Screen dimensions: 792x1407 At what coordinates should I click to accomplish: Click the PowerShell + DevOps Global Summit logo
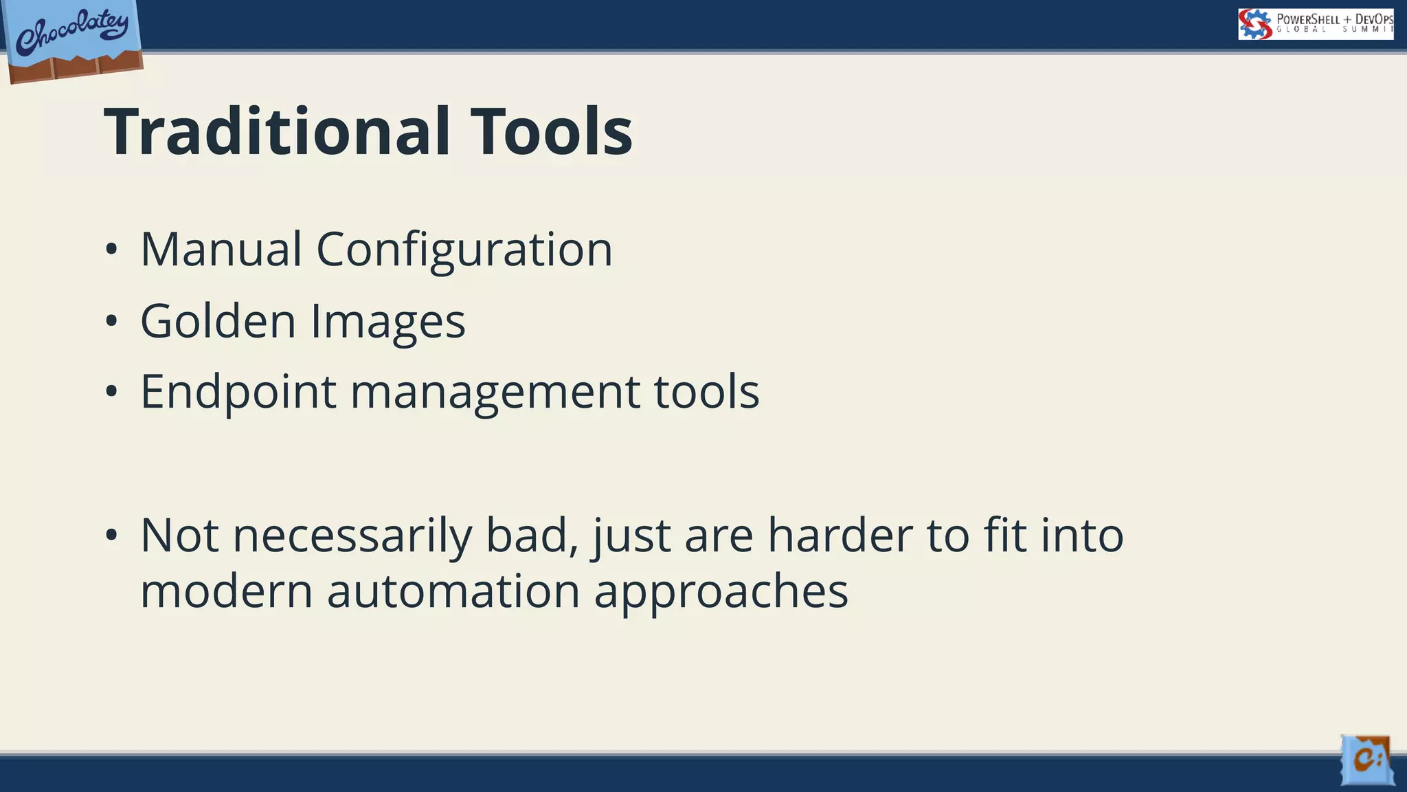[1315, 24]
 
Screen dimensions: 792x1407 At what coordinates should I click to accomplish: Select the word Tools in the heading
[551, 132]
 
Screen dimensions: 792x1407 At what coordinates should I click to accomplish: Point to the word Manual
[221, 249]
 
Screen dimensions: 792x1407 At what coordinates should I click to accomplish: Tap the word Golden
[218, 321]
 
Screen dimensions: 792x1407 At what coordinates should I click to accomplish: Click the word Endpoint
[238, 393]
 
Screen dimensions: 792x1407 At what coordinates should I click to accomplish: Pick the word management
[495, 393]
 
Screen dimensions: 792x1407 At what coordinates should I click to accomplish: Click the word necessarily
[352, 536]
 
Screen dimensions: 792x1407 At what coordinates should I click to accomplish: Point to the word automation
[453, 591]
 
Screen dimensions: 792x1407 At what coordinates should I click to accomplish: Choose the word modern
[226, 591]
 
